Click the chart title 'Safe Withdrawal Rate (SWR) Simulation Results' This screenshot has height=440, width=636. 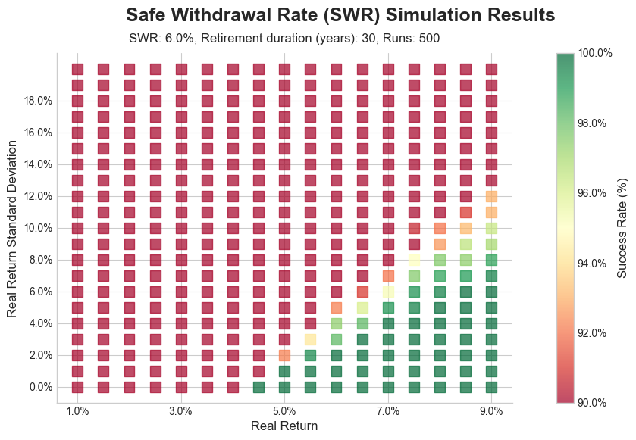(340, 15)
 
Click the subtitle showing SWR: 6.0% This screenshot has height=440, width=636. (284, 38)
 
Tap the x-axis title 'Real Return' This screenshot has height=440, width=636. (284, 426)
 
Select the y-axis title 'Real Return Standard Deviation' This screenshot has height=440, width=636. (12, 228)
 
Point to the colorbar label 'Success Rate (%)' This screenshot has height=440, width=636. (622, 228)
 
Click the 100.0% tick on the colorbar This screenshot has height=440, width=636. (595, 53)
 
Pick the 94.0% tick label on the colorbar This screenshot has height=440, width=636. (595, 263)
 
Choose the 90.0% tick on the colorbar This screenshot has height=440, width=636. (595, 402)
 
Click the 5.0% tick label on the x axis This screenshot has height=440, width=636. (284, 411)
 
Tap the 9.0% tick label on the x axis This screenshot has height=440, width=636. (491, 411)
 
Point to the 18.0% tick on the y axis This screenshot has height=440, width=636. (36, 101)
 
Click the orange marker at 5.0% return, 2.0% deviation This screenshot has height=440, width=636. (284, 355)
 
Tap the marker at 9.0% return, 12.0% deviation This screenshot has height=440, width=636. (491, 196)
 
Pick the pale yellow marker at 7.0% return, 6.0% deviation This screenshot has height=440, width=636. (388, 292)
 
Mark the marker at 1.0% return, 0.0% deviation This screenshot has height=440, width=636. (77, 387)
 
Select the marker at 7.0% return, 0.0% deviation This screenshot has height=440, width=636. (388, 387)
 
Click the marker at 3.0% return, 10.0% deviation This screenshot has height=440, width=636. (181, 228)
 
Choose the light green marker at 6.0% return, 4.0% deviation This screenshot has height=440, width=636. (337, 323)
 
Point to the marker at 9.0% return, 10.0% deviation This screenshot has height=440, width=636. (491, 228)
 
